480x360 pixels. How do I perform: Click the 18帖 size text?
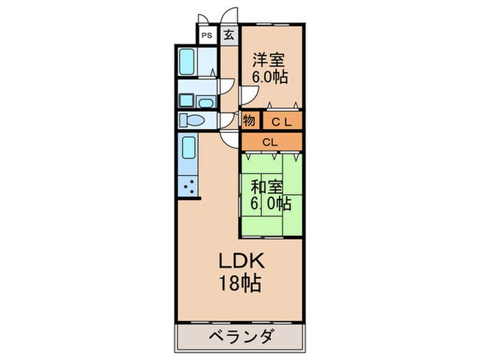239,283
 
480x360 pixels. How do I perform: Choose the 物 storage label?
249,121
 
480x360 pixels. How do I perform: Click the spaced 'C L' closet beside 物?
279,122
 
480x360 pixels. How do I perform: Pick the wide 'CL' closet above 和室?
270,142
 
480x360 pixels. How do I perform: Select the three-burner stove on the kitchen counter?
189,186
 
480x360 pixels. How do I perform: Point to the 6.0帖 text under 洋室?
269,76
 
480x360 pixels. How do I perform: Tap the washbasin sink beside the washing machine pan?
205,101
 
